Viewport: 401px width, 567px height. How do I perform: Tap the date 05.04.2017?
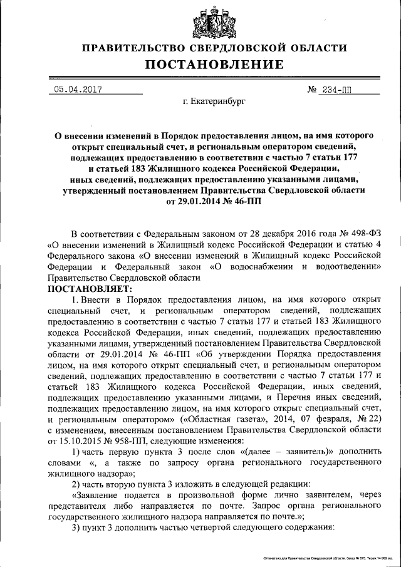pyautogui.click(x=78, y=89)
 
